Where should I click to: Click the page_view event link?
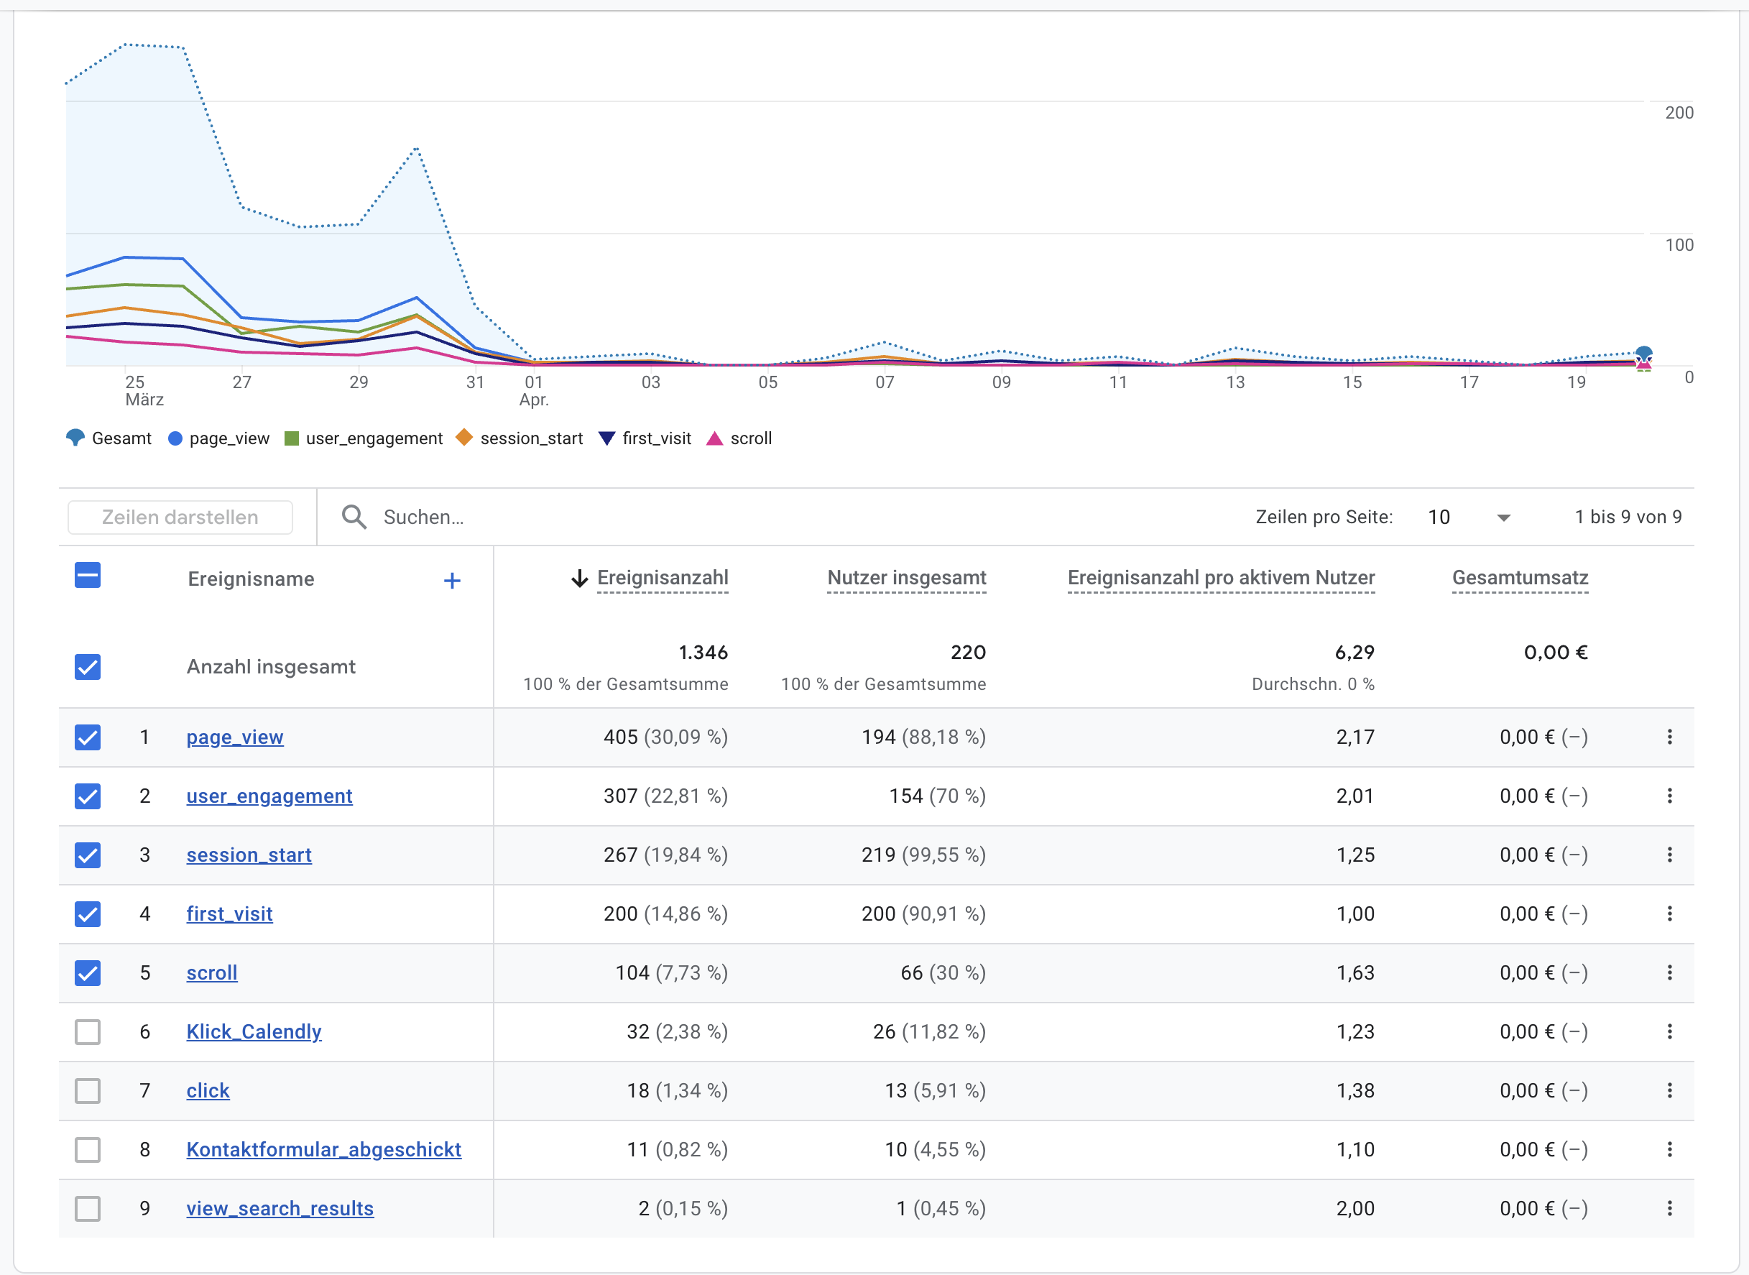click(234, 737)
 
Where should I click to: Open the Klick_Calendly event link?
click(254, 1032)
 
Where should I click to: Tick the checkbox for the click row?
click(88, 1090)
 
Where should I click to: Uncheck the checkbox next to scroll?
click(88, 972)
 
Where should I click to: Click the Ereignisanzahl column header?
click(662, 578)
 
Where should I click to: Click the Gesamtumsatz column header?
click(1519, 578)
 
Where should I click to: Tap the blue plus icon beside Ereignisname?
click(452, 581)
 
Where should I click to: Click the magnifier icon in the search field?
click(354, 517)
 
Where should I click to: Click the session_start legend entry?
click(521, 438)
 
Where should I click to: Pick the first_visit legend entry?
click(646, 438)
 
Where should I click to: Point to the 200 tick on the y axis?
click(1679, 113)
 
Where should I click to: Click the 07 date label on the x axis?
click(884, 382)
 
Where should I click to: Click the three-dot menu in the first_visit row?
click(1669, 913)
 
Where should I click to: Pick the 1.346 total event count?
click(703, 653)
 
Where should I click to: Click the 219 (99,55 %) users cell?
click(923, 855)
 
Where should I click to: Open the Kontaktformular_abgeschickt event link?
click(323, 1150)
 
